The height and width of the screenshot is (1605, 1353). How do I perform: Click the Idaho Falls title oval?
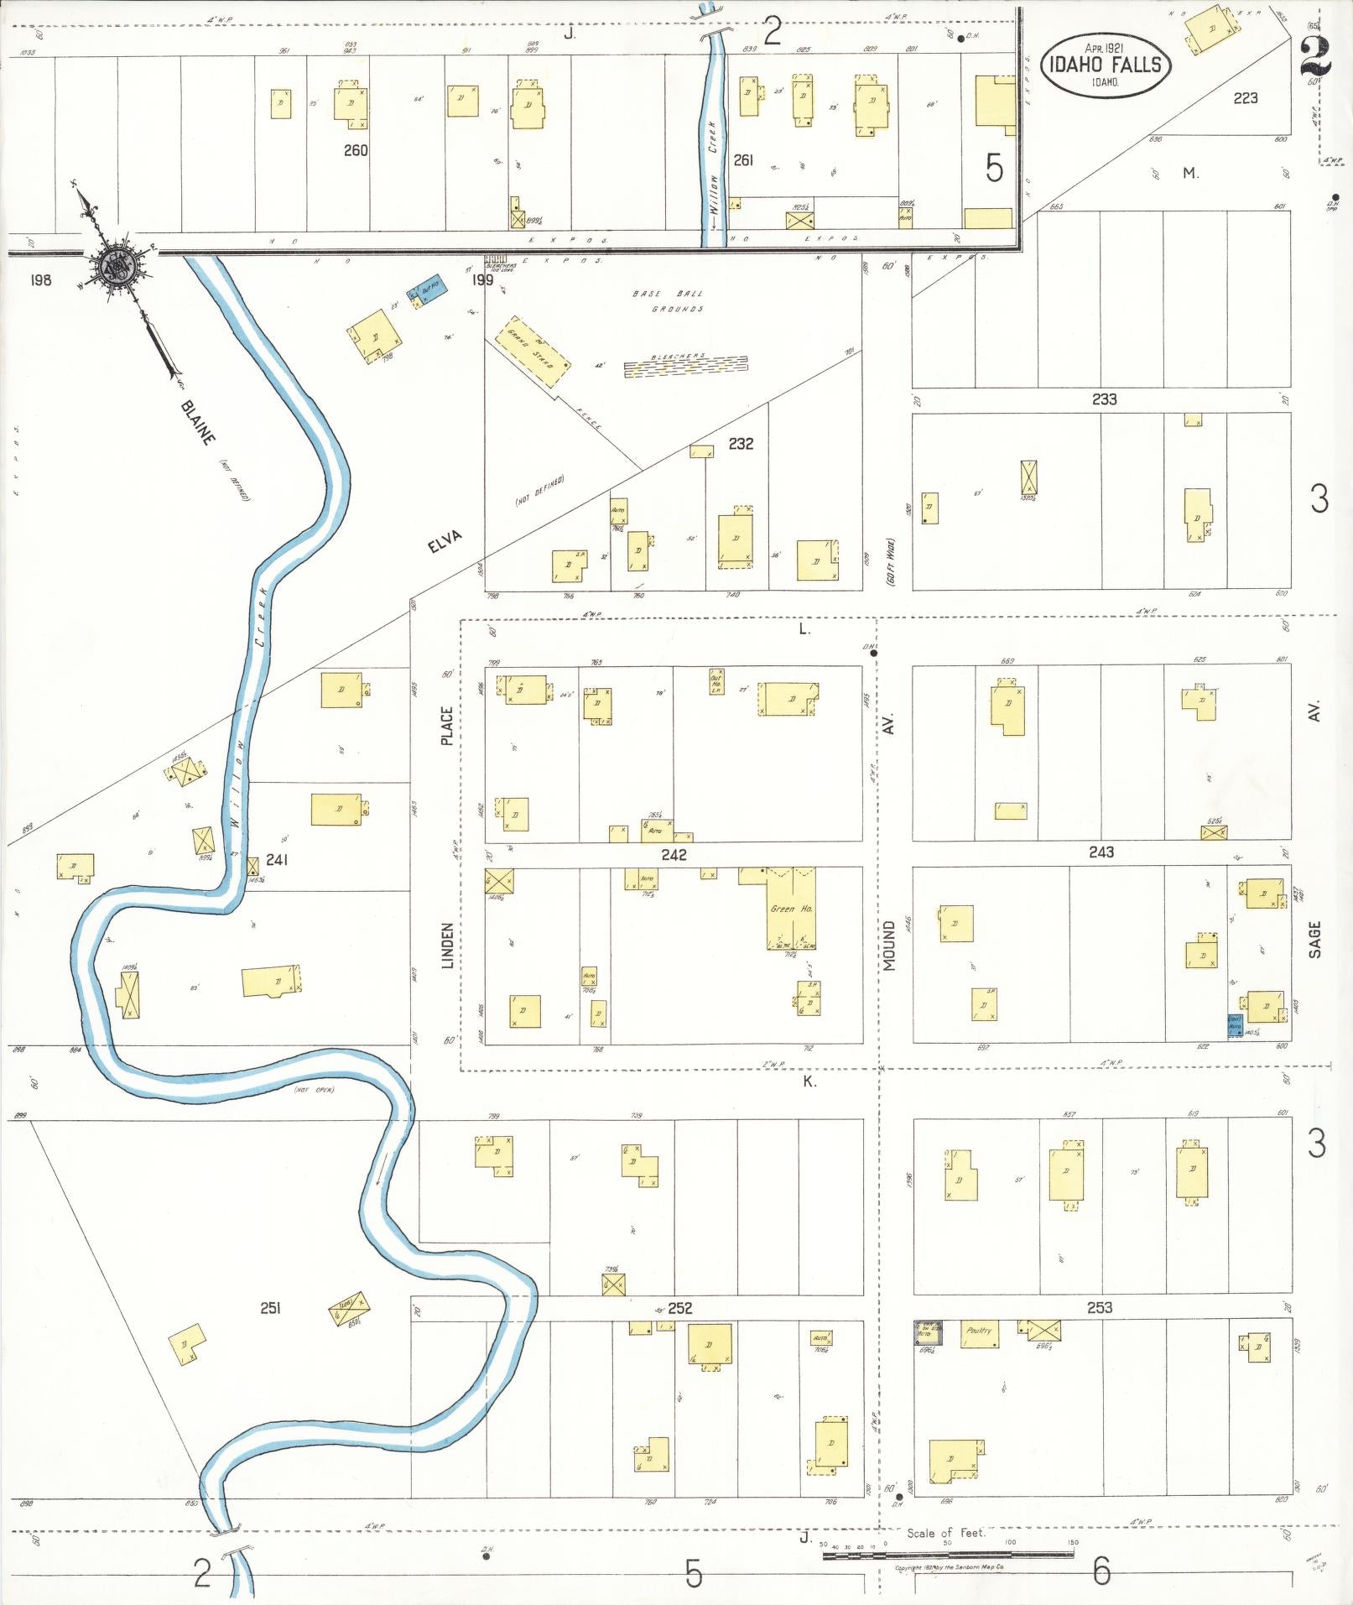(x=1105, y=64)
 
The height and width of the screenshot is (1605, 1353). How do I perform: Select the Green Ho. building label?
(x=791, y=909)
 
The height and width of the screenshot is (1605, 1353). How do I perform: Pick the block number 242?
(x=674, y=854)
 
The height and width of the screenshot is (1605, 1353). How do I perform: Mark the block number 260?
(x=356, y=150)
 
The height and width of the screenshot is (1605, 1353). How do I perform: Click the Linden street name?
(x=447, y=946)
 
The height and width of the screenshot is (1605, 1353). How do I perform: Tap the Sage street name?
(x=1314, y=940)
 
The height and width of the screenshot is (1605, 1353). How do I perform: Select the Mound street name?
(x=888, y=946)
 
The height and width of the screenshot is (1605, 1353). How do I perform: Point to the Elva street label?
(x=445, y=541)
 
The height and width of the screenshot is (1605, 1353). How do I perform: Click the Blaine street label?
(x=197, y=423)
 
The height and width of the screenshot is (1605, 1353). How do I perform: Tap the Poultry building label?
(x=979, y=1331)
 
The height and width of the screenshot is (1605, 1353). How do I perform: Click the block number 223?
(x=1245, y=98)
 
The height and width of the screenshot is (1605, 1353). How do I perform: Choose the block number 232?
(x=741, y=443)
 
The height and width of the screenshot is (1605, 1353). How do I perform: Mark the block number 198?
(x=40, y=279)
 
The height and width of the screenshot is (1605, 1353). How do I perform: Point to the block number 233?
(x=1104, y=399)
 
